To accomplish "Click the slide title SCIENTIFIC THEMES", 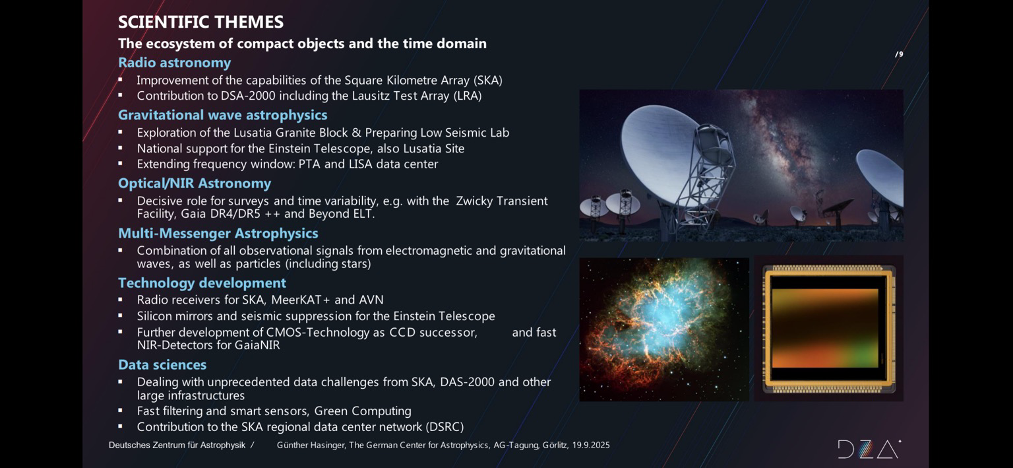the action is [200, 22].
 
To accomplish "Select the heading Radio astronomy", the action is [175, 63].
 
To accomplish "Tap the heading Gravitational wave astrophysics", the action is [222, 115].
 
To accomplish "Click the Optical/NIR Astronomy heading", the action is [195, 184].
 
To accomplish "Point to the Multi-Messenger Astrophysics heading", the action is [218, 233].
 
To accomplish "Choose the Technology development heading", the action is [202, 283].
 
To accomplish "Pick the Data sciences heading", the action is [162, 365].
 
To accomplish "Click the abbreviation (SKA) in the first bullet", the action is [488, 81].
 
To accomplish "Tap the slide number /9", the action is [899, 54].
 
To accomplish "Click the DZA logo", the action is [869, 449].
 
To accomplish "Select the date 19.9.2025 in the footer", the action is [591, 446].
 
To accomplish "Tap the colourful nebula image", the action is [664, 329].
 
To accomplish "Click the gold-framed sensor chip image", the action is [828, 329].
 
